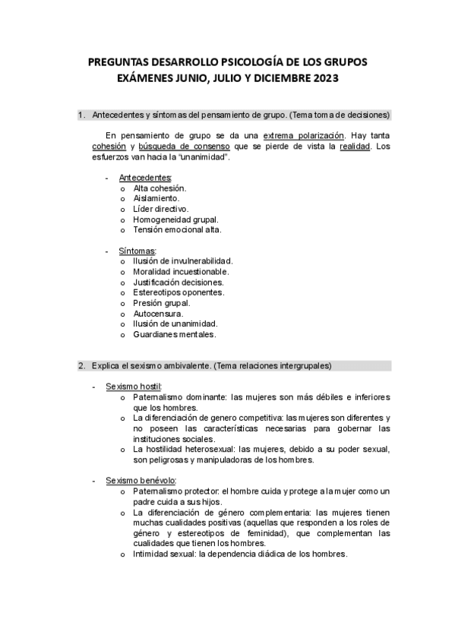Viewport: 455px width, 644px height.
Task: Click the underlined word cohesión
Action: pos(109,145)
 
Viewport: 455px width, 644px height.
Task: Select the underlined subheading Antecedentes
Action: pos(145,177)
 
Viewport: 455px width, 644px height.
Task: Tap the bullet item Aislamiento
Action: pos(156,197)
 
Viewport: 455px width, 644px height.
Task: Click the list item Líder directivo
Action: pos(160,208)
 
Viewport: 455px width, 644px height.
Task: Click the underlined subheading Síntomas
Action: pos(137,251)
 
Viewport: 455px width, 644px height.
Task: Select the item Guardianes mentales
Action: pos(175,333)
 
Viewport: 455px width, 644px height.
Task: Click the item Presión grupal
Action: pos(161,302)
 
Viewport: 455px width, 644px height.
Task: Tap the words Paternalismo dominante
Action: pos(179,396)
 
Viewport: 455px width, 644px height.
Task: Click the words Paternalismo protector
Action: pos(176,491)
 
